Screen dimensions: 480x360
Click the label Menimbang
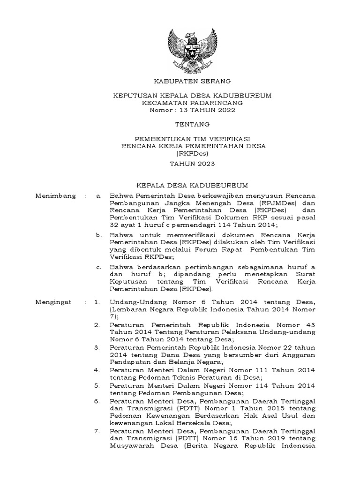point(55,196)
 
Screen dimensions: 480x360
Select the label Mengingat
point(53,302)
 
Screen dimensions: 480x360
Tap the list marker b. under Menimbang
point(98,234)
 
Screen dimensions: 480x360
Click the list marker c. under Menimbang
point(98,267)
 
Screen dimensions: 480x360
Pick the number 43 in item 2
point(310,324)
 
